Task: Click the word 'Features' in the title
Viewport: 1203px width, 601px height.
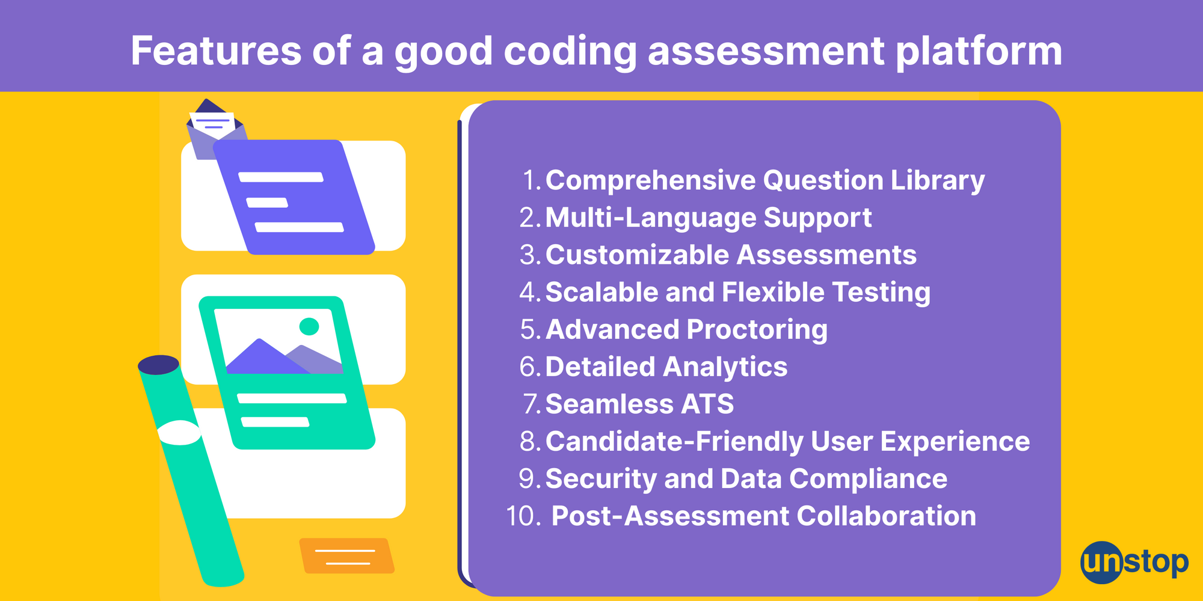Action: (x=217, y=50)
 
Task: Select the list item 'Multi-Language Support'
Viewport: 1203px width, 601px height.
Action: (x=708, y=218)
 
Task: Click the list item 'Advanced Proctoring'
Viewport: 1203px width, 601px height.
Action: (x=686, y=330)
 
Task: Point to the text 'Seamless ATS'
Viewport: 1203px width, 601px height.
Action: (x=639, y=404)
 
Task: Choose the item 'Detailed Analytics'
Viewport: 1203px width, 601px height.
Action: (x=666, y=367)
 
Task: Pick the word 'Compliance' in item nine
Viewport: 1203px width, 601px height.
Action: (x=868, y=480)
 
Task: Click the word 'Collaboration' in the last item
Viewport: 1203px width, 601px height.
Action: (x=886, y=516)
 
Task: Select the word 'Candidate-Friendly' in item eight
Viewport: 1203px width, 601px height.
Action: (x=674, y=442)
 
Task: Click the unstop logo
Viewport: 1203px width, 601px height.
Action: (x=1134, y=563)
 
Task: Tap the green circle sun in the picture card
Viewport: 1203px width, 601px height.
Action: (x=309, y=326)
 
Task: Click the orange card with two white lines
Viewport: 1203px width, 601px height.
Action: (x=346, y=556)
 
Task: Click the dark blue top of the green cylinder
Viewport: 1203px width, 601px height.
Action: (x=159, y=365)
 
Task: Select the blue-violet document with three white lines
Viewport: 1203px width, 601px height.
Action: (x=294, y=197)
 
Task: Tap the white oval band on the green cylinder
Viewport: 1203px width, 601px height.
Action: (x=179, y=433)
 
